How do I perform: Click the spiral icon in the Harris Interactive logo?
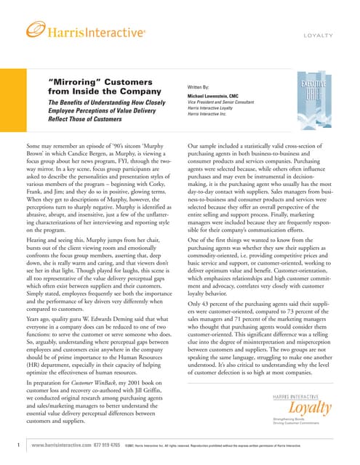[35, 31]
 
